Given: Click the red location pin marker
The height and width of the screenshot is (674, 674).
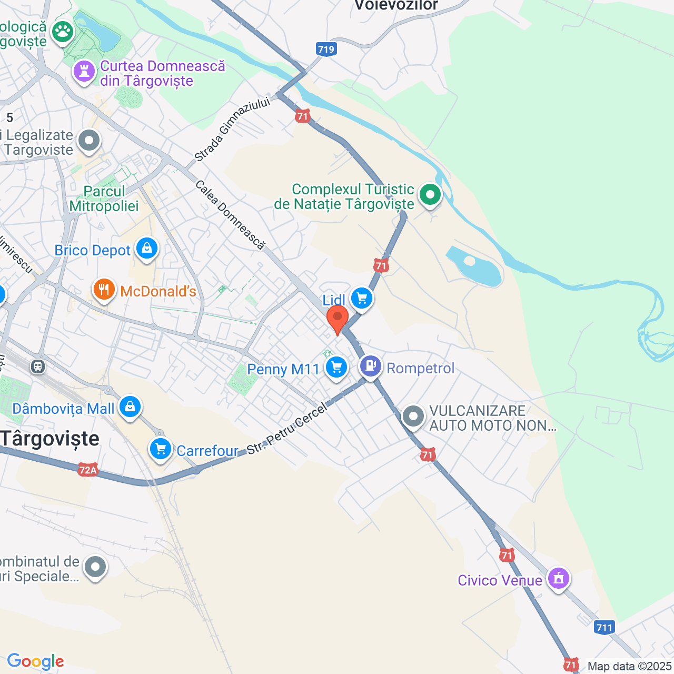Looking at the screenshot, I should (x=337, y=318).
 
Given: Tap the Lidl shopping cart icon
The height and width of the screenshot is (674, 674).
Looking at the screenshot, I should (x=361, y=299).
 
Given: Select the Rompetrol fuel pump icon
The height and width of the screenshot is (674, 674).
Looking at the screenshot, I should (x=371, y=365).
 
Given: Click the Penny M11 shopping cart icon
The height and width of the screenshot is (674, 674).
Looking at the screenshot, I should (x=336, y=367).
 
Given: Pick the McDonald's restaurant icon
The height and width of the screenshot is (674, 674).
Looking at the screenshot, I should (x=104, y=289).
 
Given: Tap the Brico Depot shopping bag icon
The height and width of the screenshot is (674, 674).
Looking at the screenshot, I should (x=147, y=247).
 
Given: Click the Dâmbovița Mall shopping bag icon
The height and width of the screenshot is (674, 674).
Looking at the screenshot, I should (x=130, y=407).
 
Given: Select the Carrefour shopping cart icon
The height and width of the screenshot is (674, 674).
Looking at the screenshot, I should (x=161, y=449).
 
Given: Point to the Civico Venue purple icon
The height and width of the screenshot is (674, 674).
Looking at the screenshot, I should (x=559, y=578).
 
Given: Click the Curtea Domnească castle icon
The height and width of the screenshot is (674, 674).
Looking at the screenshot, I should (x=84, y=71).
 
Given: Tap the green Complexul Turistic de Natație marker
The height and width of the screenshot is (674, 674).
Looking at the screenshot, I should (x=430, y=194).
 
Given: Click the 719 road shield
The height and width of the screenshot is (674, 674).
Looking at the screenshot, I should (x=326, y=49).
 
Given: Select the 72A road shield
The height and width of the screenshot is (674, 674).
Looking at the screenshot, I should (x=88, y=470).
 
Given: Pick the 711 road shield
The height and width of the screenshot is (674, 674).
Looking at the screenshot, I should (x=604, y=627).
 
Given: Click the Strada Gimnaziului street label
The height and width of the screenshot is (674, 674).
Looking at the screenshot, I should (x=232, y=130).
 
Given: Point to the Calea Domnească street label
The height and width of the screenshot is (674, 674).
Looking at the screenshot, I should (x=230, y=214).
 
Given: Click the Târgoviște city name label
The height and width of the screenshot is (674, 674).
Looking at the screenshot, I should (x=50, y=439).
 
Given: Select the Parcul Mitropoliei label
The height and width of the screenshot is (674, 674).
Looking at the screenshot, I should (x=104, y=199).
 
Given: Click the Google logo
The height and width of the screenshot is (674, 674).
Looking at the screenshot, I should (x=35, y=661).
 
